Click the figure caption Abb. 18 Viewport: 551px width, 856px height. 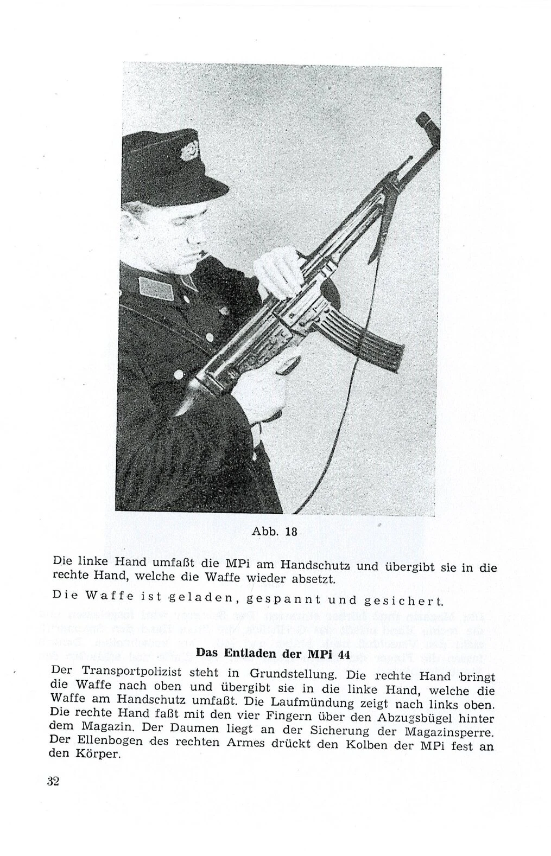275,532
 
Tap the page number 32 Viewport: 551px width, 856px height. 53,781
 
